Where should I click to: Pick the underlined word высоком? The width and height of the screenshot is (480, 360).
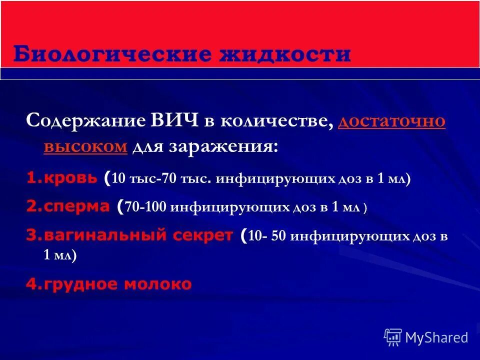[85, 146]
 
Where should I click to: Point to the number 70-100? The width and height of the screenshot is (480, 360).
[145, 207]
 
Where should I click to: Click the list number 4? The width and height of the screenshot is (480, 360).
[31, 284]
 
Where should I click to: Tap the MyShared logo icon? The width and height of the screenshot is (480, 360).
[393, 337]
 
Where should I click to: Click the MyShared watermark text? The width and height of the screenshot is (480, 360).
[436, 337]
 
